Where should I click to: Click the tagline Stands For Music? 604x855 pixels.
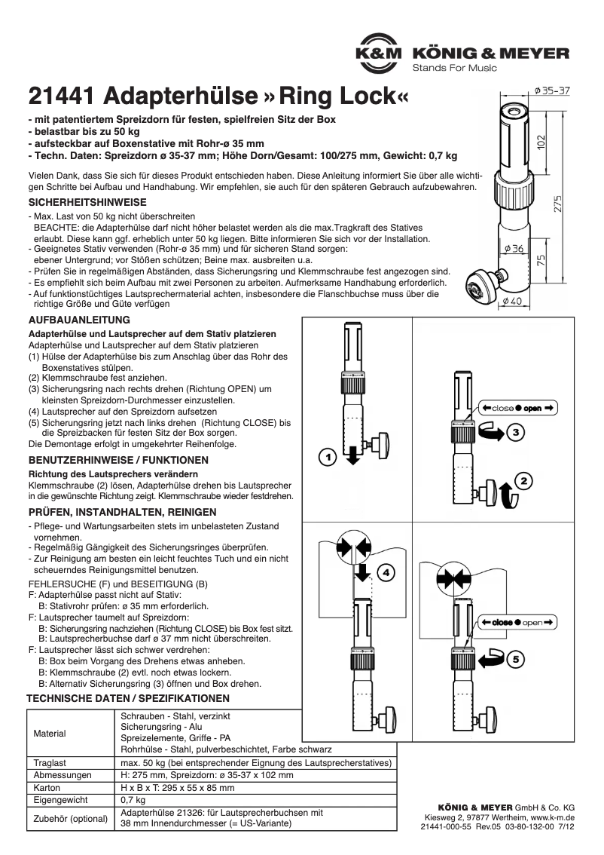(455, 69)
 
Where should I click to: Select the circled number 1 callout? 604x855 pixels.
(325, 457)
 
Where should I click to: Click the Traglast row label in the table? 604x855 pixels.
(50, 763)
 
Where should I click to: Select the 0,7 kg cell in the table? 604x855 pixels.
(133, 799)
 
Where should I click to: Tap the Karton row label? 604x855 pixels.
(49, 787)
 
